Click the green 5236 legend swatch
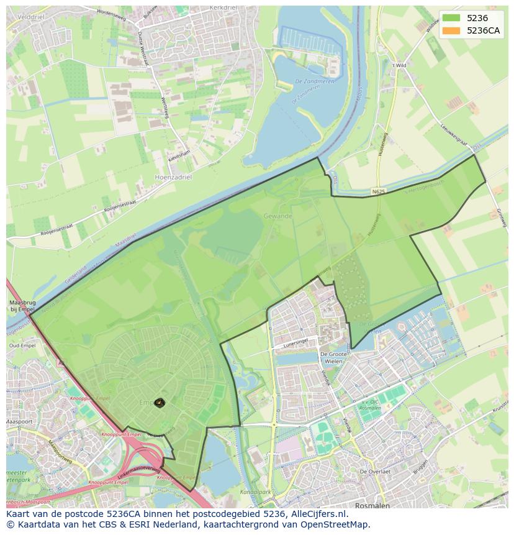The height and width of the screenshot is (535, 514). [x=451, y=18]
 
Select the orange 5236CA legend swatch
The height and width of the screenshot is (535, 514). [x=451, y=30]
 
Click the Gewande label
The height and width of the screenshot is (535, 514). [x=277, y=216]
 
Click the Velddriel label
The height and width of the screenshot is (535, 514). [x=22, y=9]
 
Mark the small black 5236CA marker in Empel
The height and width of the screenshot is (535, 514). [x=160, y=403]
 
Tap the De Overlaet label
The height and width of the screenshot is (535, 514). [x=375, y=472]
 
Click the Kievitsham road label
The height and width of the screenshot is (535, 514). [x=179, y=160]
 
